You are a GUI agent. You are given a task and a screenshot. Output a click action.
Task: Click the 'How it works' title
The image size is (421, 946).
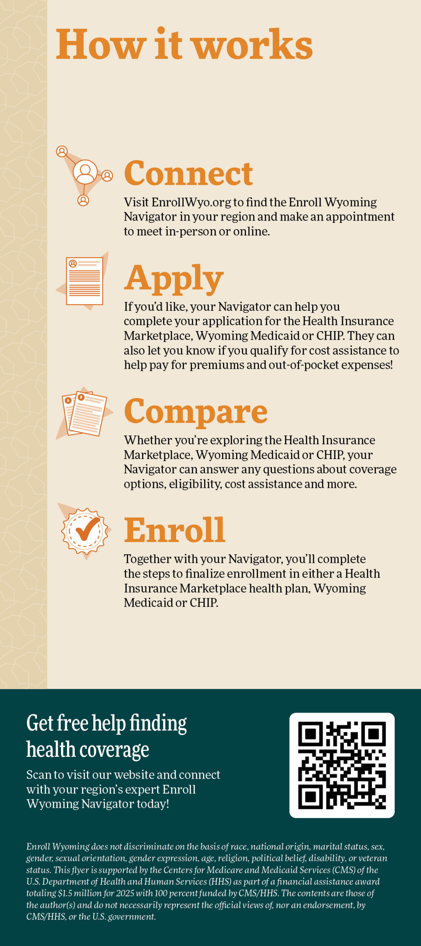click(184, 44)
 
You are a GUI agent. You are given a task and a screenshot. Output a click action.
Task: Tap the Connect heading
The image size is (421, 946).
click(188, 173)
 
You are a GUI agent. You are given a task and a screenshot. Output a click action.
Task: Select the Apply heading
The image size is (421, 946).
click(174, 279)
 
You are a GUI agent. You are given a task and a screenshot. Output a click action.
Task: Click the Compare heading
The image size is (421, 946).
click(195, 412)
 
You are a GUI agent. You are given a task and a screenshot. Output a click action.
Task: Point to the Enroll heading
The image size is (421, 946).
click(174, 530)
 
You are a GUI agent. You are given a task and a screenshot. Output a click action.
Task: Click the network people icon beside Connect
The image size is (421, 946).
click(84, 176)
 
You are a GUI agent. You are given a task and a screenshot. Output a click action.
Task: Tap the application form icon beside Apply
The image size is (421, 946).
click(82, 281)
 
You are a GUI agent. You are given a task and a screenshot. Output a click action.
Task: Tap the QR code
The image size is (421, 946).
click(342, 765)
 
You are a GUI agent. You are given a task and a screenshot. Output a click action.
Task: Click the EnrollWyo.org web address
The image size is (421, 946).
click(191, 203)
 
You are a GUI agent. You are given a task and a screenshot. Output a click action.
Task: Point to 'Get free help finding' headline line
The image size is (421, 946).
click(107, 724)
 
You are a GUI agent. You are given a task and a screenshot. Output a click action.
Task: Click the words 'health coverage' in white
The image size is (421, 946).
click(88, 750)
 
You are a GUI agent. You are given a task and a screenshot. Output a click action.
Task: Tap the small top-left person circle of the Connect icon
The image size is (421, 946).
click(62, 152)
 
